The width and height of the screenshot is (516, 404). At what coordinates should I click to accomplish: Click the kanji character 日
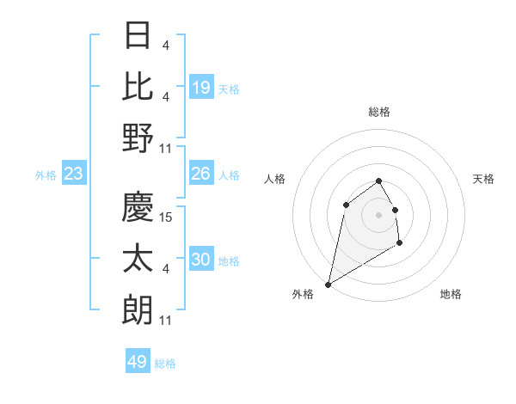138,37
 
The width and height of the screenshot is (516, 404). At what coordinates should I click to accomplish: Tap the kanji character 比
138,87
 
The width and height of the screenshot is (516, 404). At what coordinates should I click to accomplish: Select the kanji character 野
138,138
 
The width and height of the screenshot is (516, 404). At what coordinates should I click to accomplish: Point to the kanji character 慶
138,206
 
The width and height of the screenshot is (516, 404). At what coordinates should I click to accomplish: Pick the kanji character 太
138,258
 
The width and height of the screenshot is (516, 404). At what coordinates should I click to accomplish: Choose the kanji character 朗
138,309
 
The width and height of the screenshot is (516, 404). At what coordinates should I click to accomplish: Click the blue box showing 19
201,88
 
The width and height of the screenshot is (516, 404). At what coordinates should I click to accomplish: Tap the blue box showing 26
201,174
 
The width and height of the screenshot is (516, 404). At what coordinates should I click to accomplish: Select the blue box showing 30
201,260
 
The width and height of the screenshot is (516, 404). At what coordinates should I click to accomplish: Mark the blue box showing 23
74,174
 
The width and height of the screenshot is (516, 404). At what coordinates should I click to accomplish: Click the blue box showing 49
138,362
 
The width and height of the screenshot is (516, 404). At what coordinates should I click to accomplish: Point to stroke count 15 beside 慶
167,217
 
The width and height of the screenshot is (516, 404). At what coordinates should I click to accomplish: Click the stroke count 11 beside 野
167,149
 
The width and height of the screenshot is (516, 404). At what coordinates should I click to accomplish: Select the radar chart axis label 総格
379,112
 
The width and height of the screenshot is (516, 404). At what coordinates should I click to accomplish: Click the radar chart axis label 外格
303,294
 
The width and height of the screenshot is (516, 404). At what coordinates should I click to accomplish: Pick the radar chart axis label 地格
451,294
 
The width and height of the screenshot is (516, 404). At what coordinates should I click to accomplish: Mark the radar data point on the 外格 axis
328,284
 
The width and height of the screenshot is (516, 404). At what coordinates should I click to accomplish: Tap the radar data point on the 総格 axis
379,181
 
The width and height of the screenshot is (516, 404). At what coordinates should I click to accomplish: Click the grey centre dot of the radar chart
379,214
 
